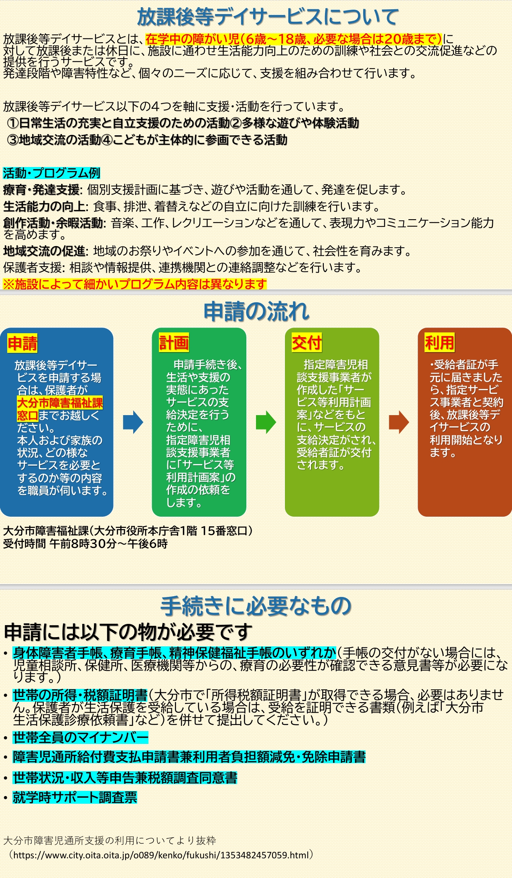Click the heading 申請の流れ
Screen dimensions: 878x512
tap(256, 312)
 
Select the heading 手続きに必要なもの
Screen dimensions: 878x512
tap(256, 606)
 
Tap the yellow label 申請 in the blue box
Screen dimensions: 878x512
tap(22, 344)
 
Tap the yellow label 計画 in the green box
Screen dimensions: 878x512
tap(174, 343)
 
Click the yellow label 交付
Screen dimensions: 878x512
tap(307, 343)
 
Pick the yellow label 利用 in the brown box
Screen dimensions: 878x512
tap(439, 343)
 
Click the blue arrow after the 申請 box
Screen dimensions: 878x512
tap(133, 422)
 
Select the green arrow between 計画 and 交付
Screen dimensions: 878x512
tap(266, 422)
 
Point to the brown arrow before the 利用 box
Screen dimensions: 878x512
tap(398, 422)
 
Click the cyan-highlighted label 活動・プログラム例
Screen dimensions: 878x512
tap(51, 173)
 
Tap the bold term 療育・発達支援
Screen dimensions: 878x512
tap(42, 189)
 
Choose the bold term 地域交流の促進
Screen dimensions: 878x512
tap(45, 251)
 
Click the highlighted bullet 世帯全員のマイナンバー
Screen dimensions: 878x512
tap(80, 737)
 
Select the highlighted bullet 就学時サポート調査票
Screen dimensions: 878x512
tap(75, 797)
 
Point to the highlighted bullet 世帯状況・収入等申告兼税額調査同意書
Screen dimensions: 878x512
tap(125, 778)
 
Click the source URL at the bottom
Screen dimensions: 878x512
tap(162, 855)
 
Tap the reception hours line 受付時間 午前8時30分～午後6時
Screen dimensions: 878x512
tap(85, 544)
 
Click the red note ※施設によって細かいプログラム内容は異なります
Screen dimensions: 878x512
tap(134, 284)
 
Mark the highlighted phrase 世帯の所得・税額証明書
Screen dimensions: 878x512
tap(80, 695)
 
